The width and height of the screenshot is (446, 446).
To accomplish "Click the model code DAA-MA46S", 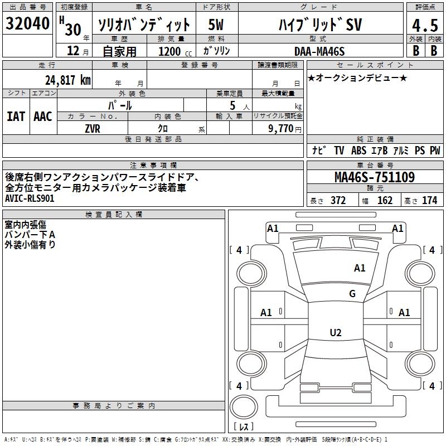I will point(319,51).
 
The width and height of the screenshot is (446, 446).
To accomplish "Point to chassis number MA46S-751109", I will point(374,177).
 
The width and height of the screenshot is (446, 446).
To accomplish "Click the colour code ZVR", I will point(93,128).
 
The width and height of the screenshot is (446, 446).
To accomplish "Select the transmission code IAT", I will point(16,117).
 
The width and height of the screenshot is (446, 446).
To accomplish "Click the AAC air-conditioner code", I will point(42,117).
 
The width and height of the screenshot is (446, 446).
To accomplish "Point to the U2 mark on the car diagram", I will point(335,333).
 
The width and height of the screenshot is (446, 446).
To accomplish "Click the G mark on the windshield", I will point(352,294).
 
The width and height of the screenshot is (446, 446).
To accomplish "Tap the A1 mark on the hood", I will point(360,268).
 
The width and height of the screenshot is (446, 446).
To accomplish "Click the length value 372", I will point(338,201).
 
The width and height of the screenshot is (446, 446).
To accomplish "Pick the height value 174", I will point(429,201).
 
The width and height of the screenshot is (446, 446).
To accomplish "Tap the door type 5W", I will point(216,25).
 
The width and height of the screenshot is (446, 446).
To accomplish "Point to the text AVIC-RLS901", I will point(30,198).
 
